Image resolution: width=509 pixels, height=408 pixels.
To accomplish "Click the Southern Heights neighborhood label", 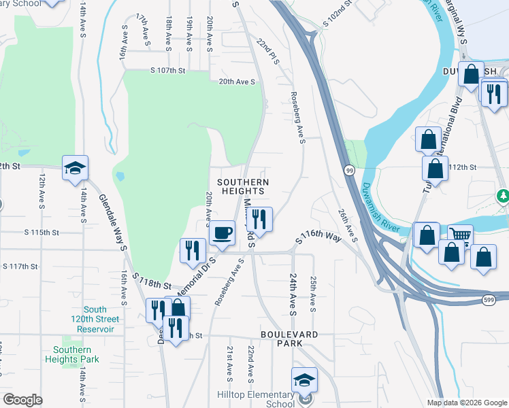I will (243, 187).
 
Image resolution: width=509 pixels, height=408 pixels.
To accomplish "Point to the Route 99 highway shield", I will (348, 171).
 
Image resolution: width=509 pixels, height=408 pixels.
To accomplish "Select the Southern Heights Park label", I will (73, 354).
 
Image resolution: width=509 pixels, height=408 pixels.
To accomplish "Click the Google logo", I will (22, 399).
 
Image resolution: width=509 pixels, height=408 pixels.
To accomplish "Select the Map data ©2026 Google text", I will (466, 403).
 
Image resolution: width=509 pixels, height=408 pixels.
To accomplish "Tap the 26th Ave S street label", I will (348, 225).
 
